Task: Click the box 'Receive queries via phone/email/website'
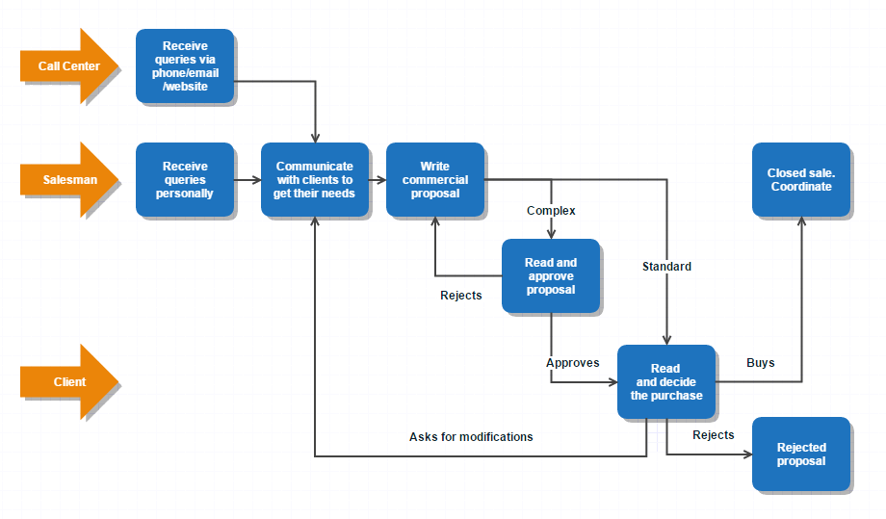(x=185, y=65)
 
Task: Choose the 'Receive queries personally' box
(x=185, y=180)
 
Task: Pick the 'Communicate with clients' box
(x=315, y=180)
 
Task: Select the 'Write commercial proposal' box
(x=434, y=180)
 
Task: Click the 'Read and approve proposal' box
(x=551, y=275)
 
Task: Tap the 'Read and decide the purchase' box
(x=665, y=381)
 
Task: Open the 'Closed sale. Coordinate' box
(x=801, y=180)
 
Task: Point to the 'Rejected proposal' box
(x=801, y=454)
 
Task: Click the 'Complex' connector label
(x=551, y=210)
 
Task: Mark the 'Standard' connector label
(x=666, y=267)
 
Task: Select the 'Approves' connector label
(x=572, y=363)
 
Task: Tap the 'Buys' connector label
(x=761, y=363)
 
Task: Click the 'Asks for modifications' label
(x=471, y=437)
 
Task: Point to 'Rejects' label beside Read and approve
(x=460, y=296)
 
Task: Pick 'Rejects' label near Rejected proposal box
(x=713, y=435)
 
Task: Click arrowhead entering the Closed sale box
(x=801, y=222)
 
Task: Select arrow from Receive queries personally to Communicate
(x=248, y=180)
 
